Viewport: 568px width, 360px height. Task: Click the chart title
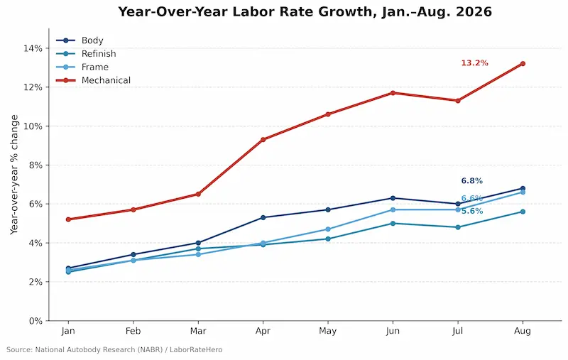[305, 11]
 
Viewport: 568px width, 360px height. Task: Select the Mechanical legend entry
[94, 80]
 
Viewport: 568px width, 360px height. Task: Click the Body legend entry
[80, 40]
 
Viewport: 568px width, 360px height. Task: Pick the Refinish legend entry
[86, 53]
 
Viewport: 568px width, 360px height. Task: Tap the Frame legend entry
[82, 67]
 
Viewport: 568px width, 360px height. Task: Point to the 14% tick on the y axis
[33, 48]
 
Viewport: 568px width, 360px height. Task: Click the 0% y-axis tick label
[35, 321]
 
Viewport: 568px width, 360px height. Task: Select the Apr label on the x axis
[263, 331]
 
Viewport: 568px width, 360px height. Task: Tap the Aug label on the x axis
[523, 331]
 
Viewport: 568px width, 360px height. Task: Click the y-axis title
[14, 175]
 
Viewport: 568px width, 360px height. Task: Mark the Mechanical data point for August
[523, 64]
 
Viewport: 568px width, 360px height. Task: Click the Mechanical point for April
[263, 139]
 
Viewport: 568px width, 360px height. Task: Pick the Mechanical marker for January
[68, 219]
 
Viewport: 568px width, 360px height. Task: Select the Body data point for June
[393, 198]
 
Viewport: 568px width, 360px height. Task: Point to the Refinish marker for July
[458, 227]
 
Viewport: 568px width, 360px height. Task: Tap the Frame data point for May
[328, 229]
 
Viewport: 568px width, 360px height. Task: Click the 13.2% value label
[474, 63]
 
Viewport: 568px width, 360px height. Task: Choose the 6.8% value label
[472, 181]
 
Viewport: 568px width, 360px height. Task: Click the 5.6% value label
[472, 211]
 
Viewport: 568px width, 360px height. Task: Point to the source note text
[114, 350]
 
